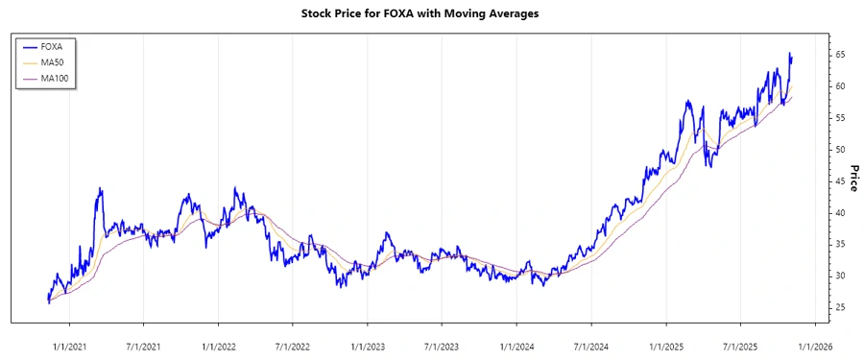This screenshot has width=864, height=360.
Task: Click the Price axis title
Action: click(852, 177)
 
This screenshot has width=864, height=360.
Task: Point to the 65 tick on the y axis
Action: click(840, 55)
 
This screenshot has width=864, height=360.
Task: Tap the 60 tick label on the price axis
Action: click(840, 86)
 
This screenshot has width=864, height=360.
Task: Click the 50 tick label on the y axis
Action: click(840, 150)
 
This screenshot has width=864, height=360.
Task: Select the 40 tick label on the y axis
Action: click(840, 213)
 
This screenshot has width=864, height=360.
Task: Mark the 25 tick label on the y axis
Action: click(840, 307)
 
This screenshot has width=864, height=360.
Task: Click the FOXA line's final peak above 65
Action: click(790, 54)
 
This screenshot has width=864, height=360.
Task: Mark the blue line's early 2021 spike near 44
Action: click(100, 188)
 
